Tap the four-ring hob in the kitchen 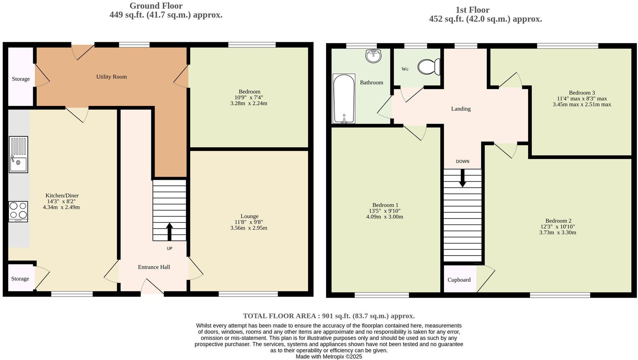[18, 211]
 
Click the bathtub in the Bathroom [344, 98]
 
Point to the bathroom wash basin [373, 56]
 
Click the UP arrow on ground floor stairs [169, 232]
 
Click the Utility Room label [111, 77]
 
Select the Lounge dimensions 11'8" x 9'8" [249, 222]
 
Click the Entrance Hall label [154, 267]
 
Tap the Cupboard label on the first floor [459, 280]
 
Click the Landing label [461, 109]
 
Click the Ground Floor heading [156, 6]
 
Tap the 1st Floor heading [472, 10]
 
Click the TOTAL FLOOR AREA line [329, 316]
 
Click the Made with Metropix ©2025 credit [329, 356]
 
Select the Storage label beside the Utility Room [21, 79]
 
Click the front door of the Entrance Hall [152, 288]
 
